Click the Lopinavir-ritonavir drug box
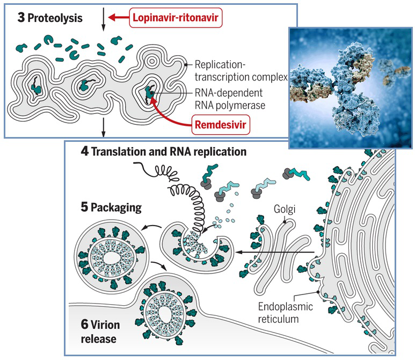(x=176, y=18)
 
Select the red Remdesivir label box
(x=221, y=127)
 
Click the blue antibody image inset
(x=351, y=88)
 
